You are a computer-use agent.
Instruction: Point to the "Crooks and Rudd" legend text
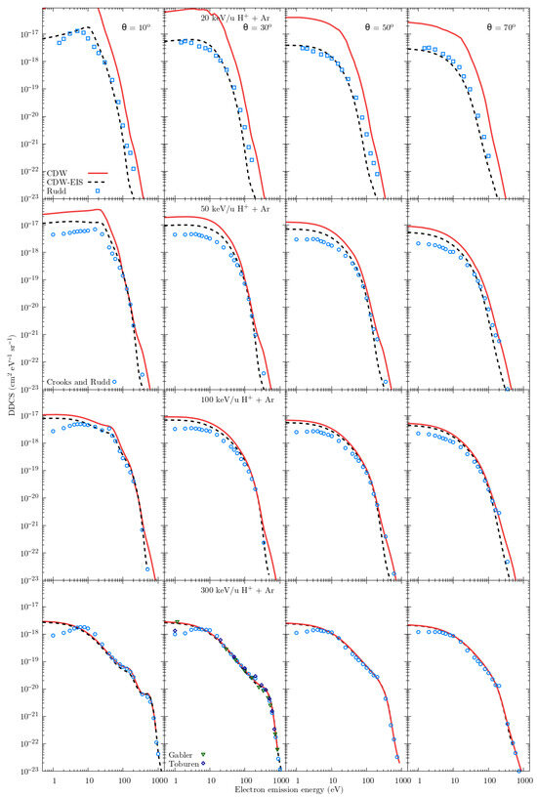point(76,379)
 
